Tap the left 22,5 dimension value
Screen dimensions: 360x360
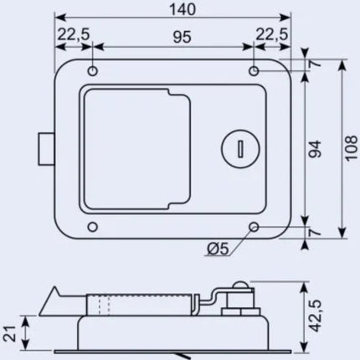[74, 34]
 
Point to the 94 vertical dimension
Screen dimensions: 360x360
[315, 148]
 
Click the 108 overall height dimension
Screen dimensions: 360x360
[352, 148]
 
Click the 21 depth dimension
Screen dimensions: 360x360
[9, 333]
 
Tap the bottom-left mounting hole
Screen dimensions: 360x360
[92, 227]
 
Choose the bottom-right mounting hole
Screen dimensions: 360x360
[254, 227]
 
